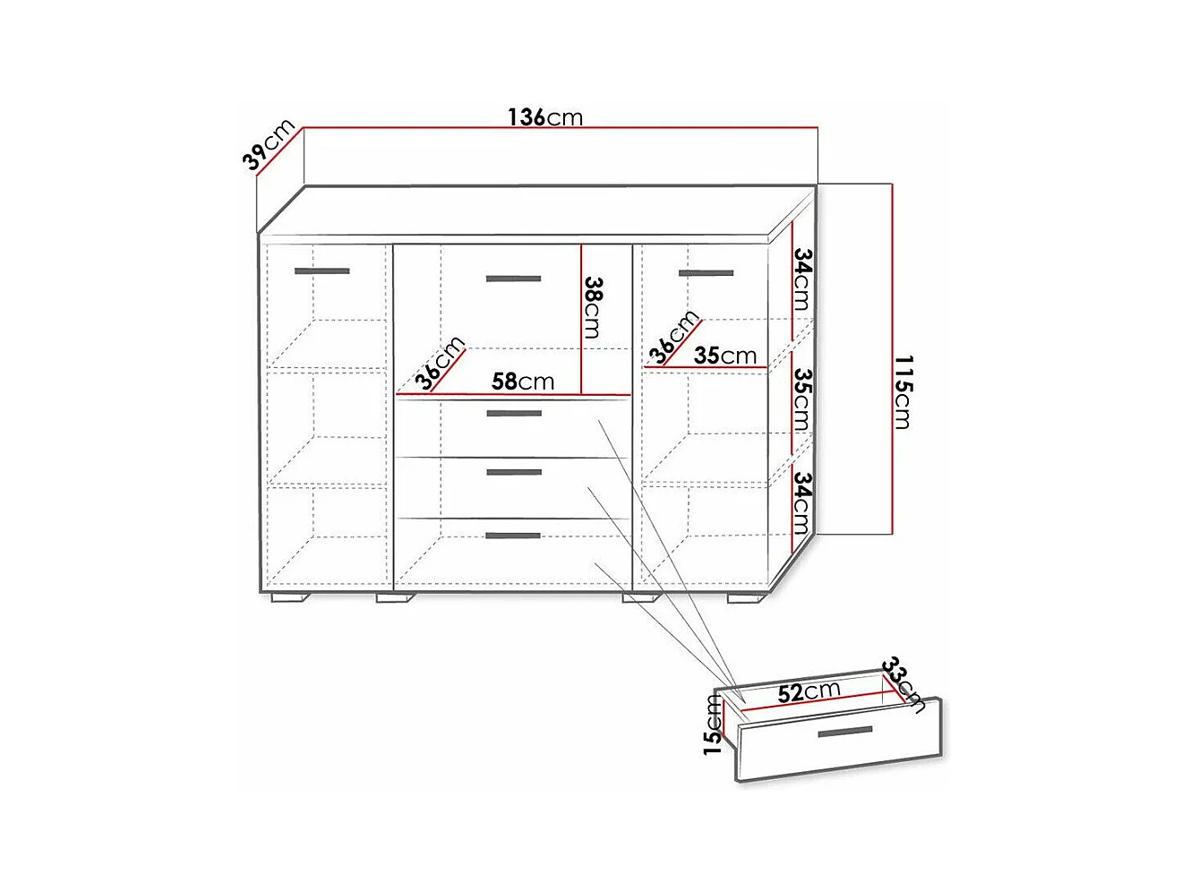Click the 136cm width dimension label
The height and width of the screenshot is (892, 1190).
click(x=544, y=117)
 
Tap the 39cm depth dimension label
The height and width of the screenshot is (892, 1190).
click(x=269, y=143)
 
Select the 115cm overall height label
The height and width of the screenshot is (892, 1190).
click(x=903, y=392)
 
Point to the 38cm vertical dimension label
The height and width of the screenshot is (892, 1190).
click(x=593, y=307)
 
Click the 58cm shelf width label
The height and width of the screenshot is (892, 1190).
click(x=523, y=382)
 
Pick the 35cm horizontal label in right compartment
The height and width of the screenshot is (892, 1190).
click(x=725, y=356)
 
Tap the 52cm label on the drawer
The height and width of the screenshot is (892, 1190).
click(x=809, y=692)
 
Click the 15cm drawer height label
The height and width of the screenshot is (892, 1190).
click(x=713, y=725)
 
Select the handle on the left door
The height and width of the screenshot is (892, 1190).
click(x=322, y=271)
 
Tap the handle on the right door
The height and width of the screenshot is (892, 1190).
click(x=706, y=273)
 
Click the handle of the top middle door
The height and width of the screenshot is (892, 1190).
click(x=513, y=279)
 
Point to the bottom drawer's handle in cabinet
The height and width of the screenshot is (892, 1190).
click(x=513, y=536)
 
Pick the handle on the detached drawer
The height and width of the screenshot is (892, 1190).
click(x=845, y=732)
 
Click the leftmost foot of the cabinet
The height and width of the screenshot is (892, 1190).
click(x=289, y=598)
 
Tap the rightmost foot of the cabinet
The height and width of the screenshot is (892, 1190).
click(x=746, y=598)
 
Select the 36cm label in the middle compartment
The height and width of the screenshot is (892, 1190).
click(x=440, y=364)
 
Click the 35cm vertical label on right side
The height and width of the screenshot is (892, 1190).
click(x=802, y=400)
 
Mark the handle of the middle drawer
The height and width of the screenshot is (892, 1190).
click(x=514, y=472)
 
